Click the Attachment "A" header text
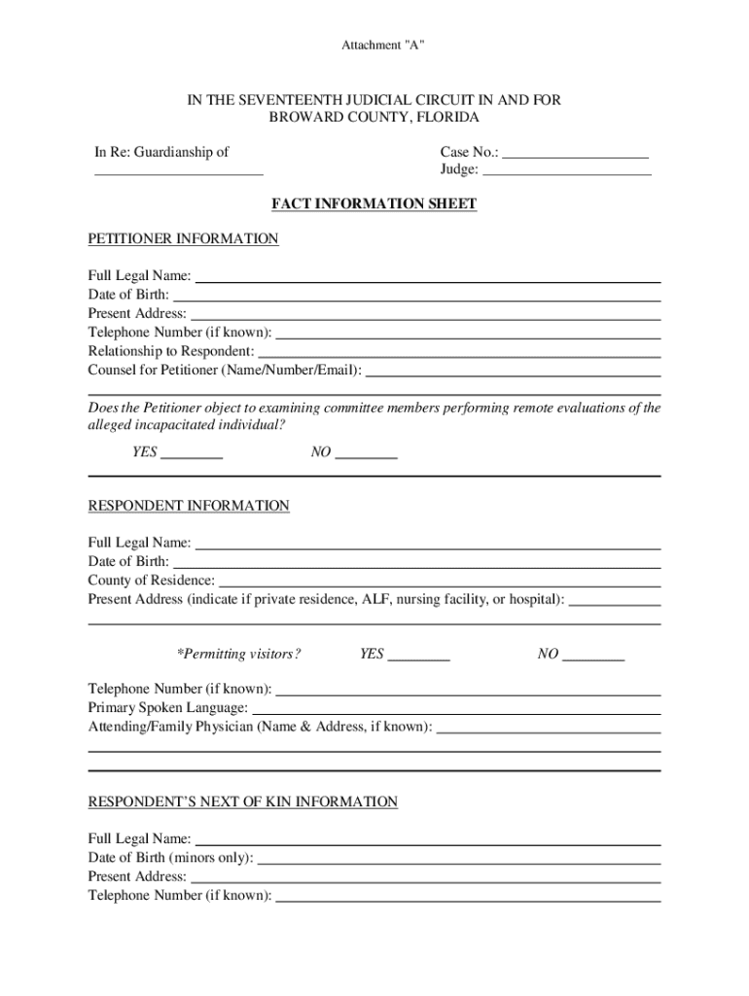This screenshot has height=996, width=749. (382, 46)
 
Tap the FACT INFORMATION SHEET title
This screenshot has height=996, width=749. (374, 204)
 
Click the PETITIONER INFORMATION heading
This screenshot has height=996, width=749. (183, 239)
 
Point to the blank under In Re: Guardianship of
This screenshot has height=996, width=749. (178, 172)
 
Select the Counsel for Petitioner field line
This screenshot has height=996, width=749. (513, 373)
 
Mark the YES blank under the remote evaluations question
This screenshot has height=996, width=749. (192, 455)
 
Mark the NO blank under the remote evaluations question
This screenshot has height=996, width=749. (366, 455)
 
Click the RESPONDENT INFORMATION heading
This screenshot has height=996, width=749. (189, 506)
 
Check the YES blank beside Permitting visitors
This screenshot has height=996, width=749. (418, 658)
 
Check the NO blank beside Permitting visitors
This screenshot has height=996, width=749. (593, 658)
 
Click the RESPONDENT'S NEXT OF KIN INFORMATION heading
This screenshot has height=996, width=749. (243, 802)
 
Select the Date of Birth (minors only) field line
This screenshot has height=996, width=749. (459, 861)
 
